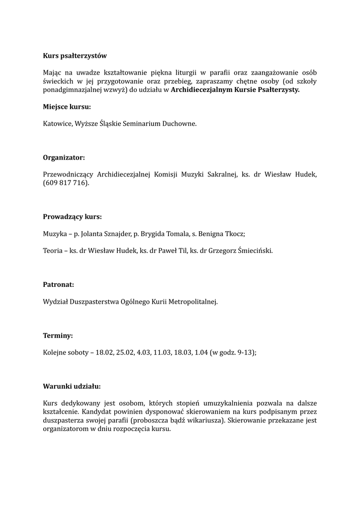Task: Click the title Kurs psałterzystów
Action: click(x=75, y=56)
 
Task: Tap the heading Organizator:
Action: click(x=64, y=157)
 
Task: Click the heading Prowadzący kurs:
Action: click(x=72, y=217)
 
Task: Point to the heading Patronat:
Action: click(x=58, y=284)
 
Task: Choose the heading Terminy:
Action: click(x=58, y=336)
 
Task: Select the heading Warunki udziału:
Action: click(x=72, y=386)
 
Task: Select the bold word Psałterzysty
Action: click(x=277, y=89)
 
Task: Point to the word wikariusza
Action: click(x=204, y=420)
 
